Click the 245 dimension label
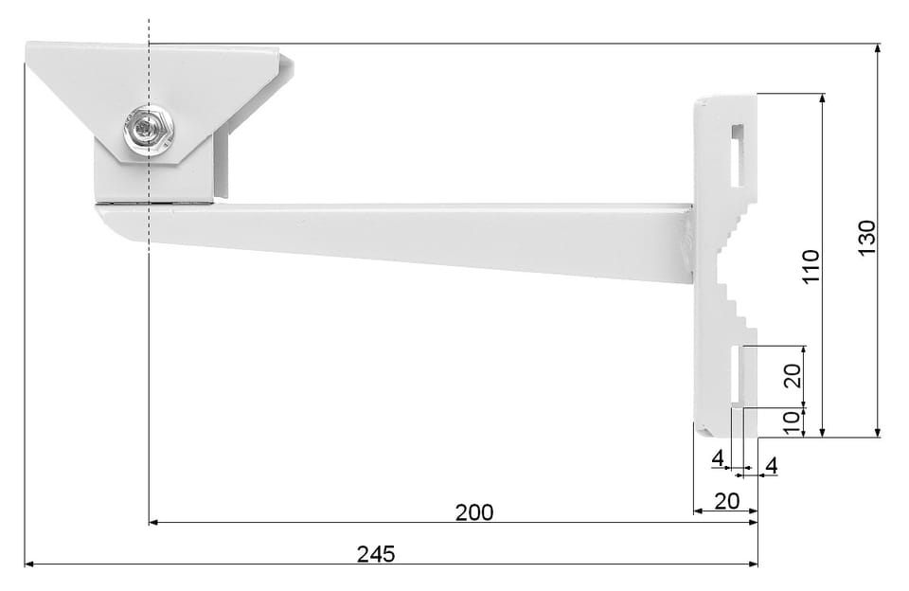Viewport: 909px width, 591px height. pos(376,554)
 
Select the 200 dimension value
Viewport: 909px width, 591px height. pos(474,512)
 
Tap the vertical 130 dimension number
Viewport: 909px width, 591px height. pos(866,239)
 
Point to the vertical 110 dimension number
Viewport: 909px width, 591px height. pos(811,266)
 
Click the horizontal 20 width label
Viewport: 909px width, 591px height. pos(727,501)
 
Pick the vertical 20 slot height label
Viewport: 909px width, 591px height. pos(793,376)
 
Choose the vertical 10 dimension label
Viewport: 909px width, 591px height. pos(793,423)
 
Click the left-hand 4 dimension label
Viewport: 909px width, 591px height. pos(719,458)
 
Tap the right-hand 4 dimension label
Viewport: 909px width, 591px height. pos(772,466)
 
